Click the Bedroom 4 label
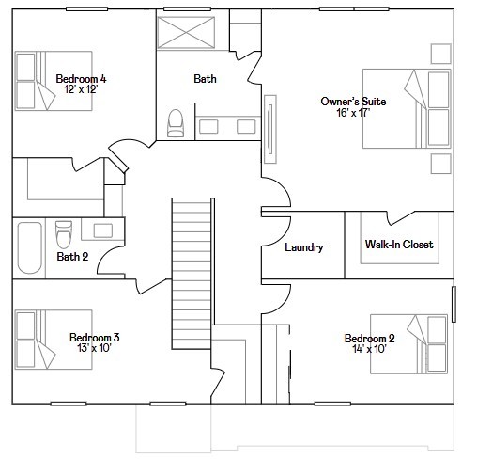point(81,79)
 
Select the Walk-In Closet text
point(399,245)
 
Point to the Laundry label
point(304,247)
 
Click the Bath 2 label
point(71,256)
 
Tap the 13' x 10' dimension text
point(94,348)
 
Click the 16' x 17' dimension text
point(346,112)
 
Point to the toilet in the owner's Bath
point(175,123)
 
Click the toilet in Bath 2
point(64,231)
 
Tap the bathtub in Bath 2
point(29,246)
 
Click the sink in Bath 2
point(102,230)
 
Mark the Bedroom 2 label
point(369,339)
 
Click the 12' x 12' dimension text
point(80,90)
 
